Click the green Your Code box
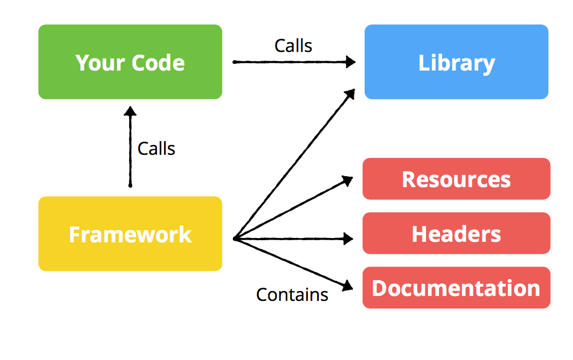coord(130,62)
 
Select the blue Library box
coord(456,62)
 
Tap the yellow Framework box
coord(130,234)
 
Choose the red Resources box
coord(456,179)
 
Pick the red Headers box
coord(456,234)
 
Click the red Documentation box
coord(456,288)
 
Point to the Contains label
coord(292,294)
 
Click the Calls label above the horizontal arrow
coord(293,46)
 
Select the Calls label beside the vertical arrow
coord(156,148)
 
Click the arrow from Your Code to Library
coord(290,62)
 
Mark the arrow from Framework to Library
coord(295,164)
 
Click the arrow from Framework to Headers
coord(290,239)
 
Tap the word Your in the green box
coord(98,62)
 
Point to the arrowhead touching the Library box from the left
coord(350,62)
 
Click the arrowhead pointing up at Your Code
coord(130,111)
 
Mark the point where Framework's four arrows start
coord(235,239)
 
